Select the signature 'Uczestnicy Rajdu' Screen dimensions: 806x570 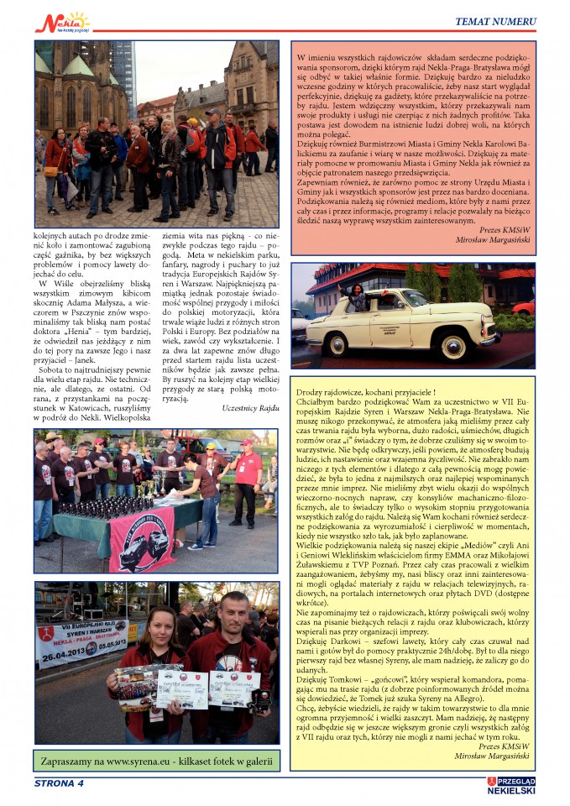pos(250,407)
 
